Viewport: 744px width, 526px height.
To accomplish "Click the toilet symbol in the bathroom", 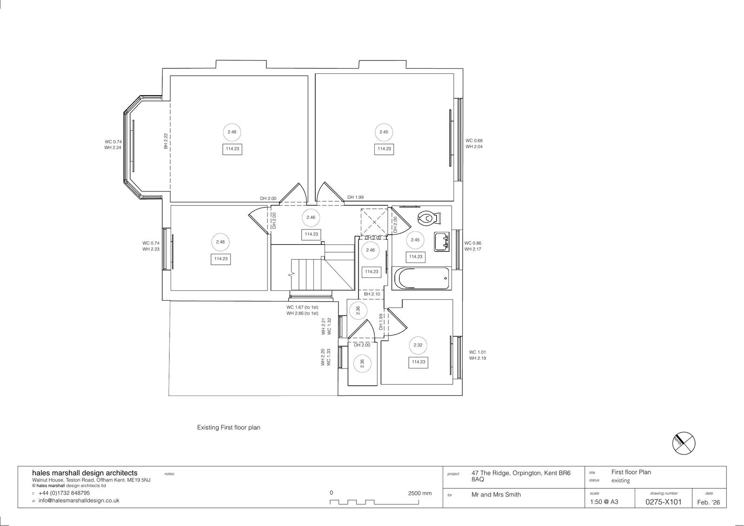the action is tap(429, 218).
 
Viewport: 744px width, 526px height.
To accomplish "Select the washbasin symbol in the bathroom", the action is tap(441, 242).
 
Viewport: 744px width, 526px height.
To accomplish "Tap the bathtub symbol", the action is tap(421, 278).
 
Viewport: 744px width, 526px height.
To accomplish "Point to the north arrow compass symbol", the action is tap(684, 443).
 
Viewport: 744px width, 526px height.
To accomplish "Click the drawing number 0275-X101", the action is tap(663, 502).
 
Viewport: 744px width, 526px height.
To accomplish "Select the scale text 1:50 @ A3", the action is tap(604, 502).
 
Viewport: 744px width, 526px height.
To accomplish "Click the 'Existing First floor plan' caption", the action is tap(228, 427).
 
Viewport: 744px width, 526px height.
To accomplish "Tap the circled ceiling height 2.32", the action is tap(418, 345).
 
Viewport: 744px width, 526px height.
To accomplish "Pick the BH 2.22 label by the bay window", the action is tap(166, 141).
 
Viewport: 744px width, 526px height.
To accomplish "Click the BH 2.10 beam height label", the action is tap(372, 294).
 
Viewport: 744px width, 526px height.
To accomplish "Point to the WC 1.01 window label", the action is tap(477, 352).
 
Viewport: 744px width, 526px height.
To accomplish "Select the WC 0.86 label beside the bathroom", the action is tap(472, 243).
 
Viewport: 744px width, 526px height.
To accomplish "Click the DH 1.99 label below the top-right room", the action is tap(355, 197).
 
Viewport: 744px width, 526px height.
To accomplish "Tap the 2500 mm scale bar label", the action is tap(420, 493).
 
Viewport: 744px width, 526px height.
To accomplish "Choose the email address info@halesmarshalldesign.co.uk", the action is tap(79, 500).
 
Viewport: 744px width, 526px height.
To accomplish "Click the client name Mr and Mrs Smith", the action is tap(496, 494).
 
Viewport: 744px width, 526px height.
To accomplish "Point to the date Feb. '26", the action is tap(709, 502).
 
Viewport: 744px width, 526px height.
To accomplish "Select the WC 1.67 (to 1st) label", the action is tap(302, 307).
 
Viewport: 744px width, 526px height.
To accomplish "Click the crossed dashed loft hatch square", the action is tap(374, 222).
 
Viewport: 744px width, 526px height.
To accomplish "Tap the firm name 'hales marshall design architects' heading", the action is tap(85, 473).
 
